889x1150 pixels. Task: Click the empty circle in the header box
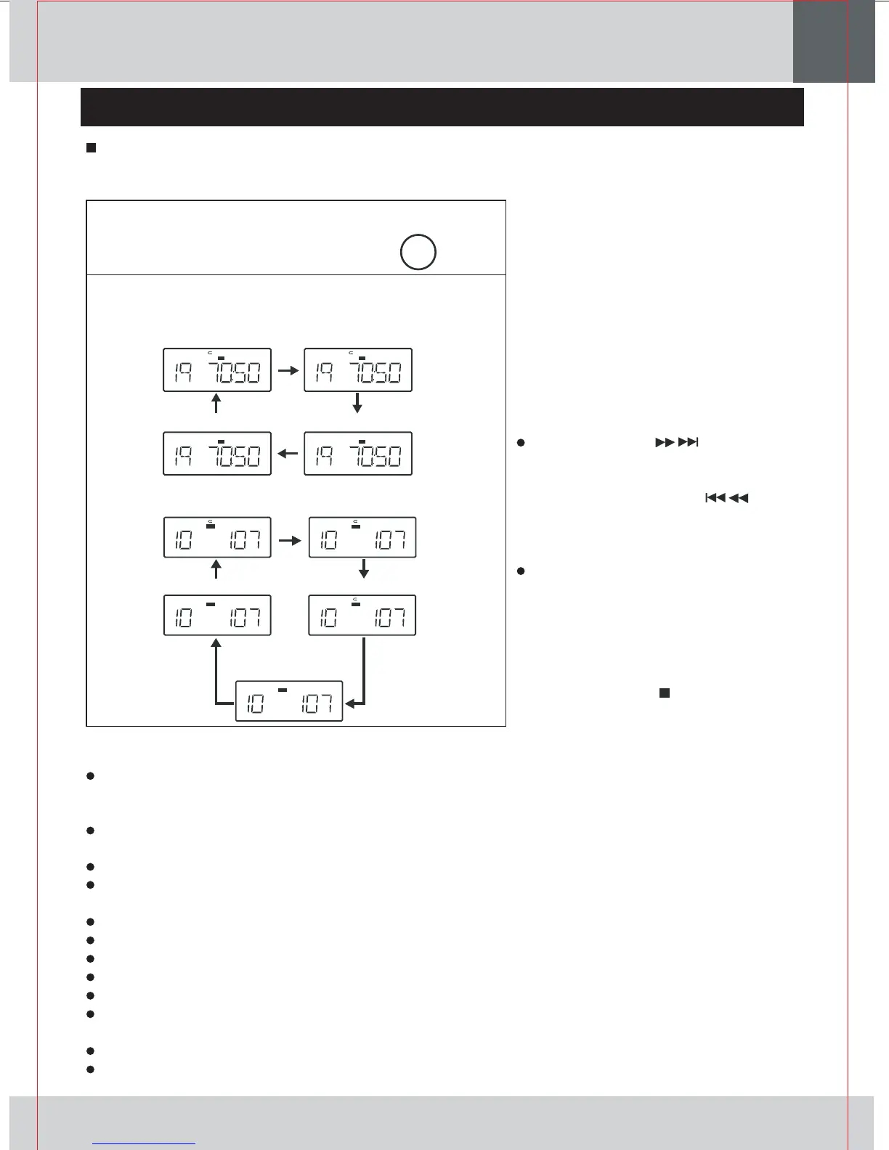418,252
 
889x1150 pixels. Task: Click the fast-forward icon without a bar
665,442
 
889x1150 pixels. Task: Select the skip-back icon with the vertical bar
715,498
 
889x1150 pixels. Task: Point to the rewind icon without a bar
739,498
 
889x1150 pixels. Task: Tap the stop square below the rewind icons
663,693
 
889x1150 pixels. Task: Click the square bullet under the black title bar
92,148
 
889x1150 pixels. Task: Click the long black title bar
442,107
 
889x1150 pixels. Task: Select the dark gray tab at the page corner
833,41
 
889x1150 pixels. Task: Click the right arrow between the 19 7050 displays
288,370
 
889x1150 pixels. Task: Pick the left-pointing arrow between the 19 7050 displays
288,454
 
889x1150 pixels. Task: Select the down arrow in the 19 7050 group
357,404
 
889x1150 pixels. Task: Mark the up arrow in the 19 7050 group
216,404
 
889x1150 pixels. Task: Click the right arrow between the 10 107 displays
290,541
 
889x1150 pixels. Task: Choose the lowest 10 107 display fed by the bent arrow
289,701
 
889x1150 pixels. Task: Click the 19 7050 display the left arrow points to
217,454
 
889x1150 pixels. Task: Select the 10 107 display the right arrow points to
362,537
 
